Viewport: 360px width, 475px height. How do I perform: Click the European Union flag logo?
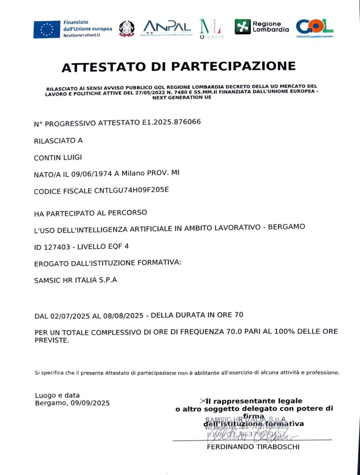pyautogui.click(x=47, y=29)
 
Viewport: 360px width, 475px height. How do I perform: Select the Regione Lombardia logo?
pyautogui.click(x=262, y=26)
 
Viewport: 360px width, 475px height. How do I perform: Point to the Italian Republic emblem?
pyautogui.click(x=126, y=29)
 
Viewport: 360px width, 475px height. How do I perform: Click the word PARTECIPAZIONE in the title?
pyautogui.click(x=233, y=67)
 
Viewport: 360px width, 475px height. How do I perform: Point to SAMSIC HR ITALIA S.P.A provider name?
pyautogui.click(x=76, y=280)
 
